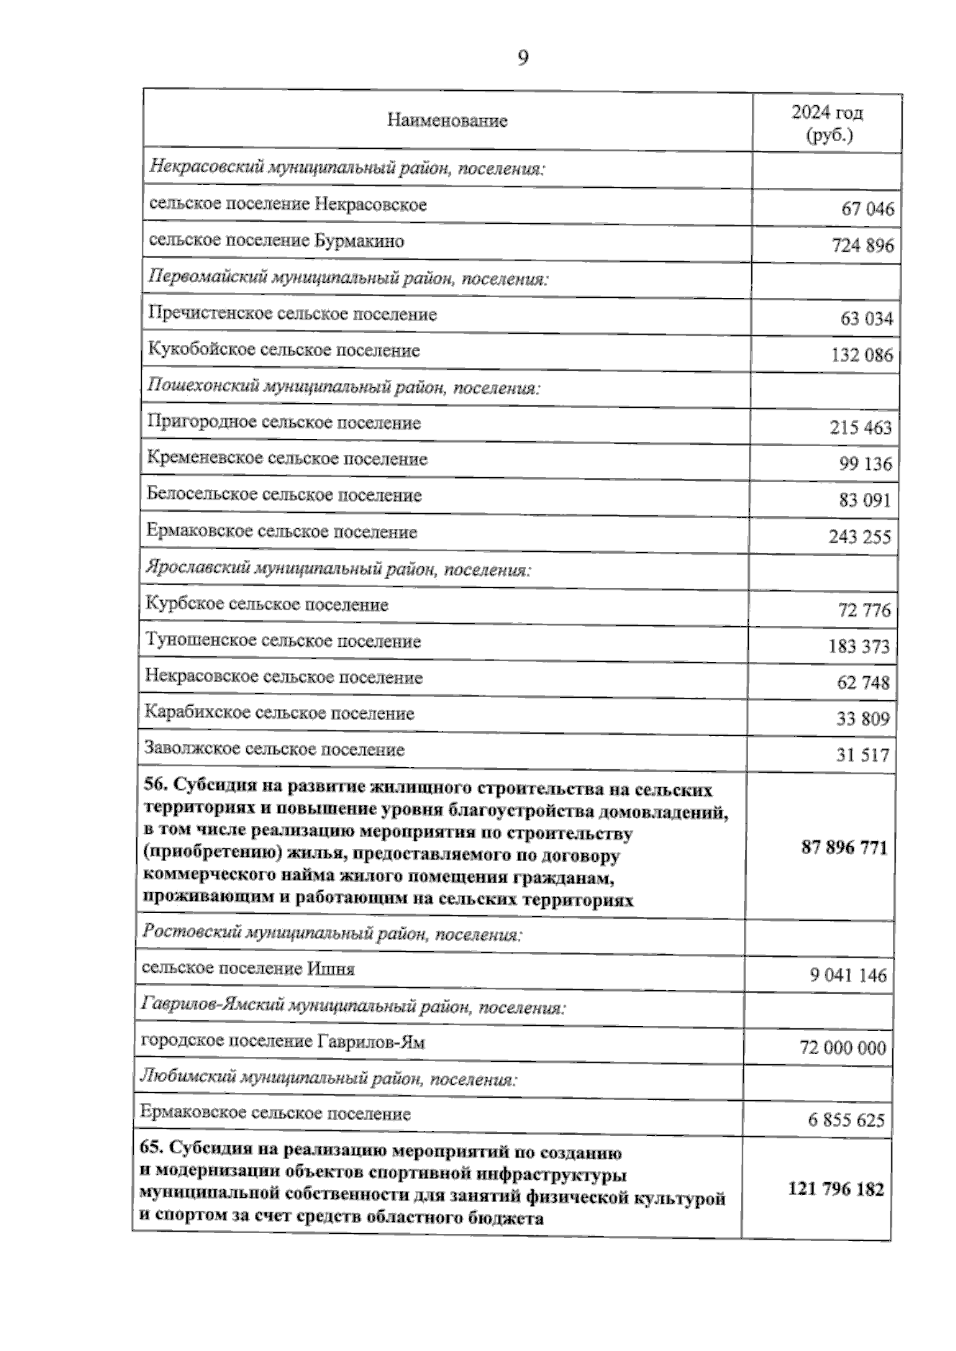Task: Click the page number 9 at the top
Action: tap(523, 58)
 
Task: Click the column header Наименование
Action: tap(447, 121)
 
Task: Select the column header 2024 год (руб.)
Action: tap(827, 123)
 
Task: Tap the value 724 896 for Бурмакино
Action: tap(863, 246)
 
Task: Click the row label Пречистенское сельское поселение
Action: tap(292, 315)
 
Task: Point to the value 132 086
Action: tap(862, 356)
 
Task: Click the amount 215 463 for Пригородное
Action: tap(860, 429)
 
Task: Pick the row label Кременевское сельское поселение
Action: tap(287, 460)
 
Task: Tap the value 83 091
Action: tap(864, 502)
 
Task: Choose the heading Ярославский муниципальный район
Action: tap(339, 570)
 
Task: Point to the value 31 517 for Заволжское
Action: tap(863, 756)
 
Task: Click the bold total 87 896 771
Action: tap(844, 848)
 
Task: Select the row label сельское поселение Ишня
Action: tap(248, 969)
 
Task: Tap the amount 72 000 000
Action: tap(843, 1048)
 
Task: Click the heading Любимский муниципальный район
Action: tap(328, 1079)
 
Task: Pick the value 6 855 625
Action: tap(846, 1121)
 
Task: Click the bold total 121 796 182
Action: tap(836, 1189)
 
